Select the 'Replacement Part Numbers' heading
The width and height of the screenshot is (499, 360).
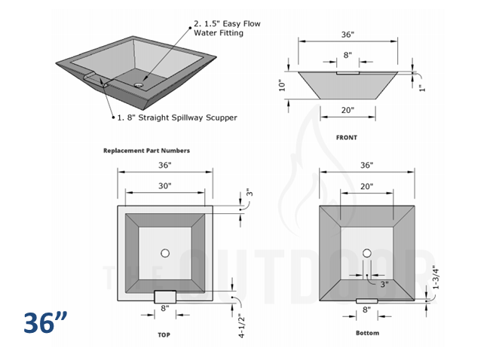(146, 151)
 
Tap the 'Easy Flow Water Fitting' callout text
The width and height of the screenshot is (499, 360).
(227, 29)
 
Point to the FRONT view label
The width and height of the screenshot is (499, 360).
(347, 138)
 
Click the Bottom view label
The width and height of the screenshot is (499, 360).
(367, 332)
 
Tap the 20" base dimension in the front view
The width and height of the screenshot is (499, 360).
(347, 111)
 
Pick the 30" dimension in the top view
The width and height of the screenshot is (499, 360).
(165, 185)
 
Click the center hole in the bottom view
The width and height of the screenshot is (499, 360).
(367, 253)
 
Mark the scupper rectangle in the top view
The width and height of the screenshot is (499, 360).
(165, 295)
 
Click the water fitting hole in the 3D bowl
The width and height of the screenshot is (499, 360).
(139, 86)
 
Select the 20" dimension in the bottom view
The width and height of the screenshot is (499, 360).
(367, 185)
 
